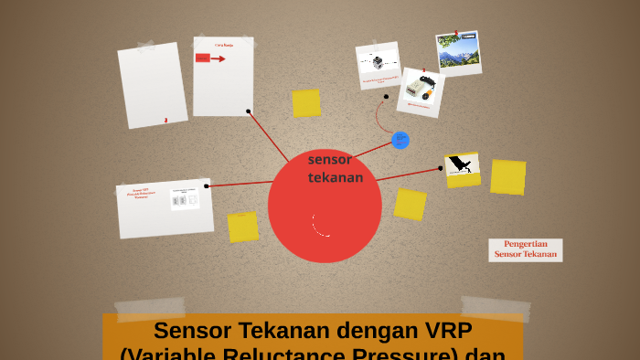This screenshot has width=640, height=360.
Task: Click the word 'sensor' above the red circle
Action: pos(329,160)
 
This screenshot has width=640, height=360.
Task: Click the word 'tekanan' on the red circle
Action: pos(336,177)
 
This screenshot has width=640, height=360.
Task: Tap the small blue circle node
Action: pos(400,140)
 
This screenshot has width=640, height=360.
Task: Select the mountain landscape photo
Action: pos(458,52)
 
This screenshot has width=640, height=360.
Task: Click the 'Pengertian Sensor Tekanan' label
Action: pos(526,249)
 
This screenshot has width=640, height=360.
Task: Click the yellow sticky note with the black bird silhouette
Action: pos(463,168)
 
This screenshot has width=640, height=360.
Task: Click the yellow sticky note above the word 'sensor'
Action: pos(306,102)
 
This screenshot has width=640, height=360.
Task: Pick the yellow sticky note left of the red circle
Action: pos(243,227)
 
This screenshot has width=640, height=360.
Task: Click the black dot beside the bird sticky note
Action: pos(440,168)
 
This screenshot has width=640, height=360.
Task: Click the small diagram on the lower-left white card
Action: pos(185,198)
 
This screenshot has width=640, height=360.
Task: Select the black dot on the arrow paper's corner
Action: pos(248,111)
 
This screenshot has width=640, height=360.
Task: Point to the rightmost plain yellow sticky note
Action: pos(507,176)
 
